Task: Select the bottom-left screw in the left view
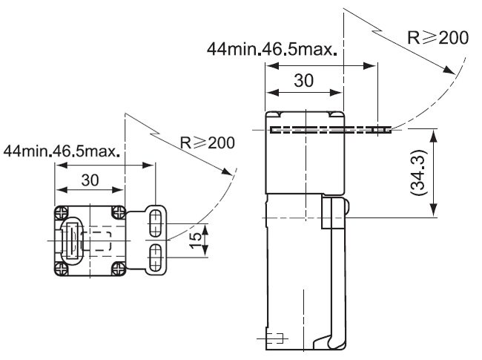point(59,266)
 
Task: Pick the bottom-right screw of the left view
point(116,266)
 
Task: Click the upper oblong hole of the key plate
point(156,222)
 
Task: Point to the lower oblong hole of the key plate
point(156,256)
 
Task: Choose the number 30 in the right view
point(304,80)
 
